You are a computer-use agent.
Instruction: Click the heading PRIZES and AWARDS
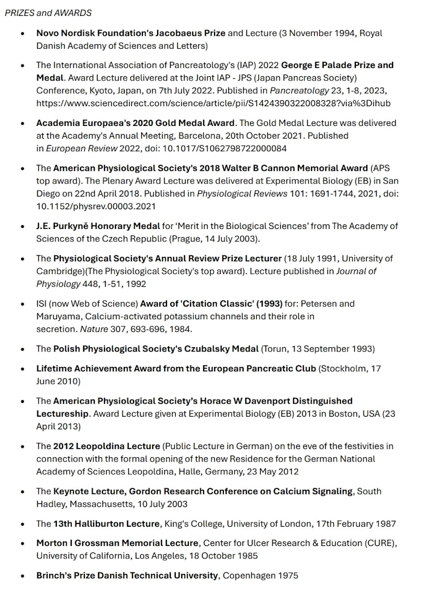tap(48, 13)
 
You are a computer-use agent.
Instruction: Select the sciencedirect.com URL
tap(214, 103)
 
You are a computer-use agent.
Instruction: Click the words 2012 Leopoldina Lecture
tap(107, 446)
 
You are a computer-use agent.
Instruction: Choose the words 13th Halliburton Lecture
tap(107, 524)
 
